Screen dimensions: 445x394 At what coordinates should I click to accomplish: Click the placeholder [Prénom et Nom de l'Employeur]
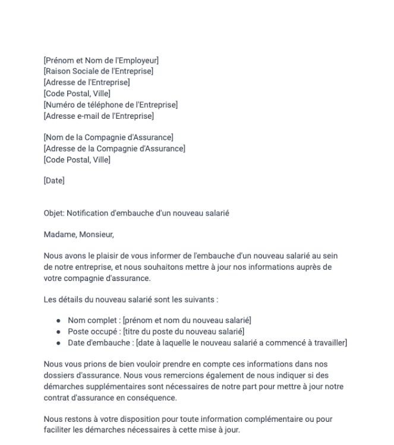tap(101, 60)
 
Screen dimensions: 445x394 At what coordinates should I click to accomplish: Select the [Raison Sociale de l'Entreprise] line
tap(99, 71)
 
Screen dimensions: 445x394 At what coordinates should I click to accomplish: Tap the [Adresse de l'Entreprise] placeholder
tap(87, 82)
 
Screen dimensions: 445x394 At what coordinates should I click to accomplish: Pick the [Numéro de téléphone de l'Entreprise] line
tap(111, 105)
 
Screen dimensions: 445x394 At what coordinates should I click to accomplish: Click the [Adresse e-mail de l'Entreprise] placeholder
tap(99, 116)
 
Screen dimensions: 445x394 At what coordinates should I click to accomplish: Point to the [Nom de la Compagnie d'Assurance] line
tap(109, 138)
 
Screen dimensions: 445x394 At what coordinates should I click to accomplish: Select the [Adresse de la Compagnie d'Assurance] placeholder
tap(115, 149)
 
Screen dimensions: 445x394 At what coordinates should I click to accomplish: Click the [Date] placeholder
tap(54, 181)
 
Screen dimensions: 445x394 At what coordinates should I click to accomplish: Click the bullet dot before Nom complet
tap(58, 321)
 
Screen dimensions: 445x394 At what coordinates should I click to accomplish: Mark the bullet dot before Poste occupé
tap(58, 332)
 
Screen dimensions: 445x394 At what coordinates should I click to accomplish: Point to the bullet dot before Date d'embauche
tap(58, 343)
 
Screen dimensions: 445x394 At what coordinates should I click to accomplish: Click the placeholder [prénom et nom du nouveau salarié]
tap(187, 321)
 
